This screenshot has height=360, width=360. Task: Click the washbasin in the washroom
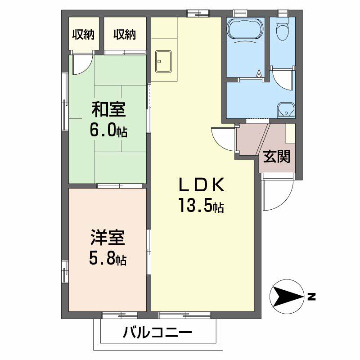[x=285, y=109]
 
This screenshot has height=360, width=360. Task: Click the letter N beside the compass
[x=311, y=297]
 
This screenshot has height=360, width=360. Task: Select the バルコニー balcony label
[x=157, y=333]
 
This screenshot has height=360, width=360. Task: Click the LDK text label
[x=201, y=185]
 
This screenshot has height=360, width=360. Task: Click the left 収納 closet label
[x=83, y=35]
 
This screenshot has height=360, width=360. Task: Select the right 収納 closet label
[x=125, y=35]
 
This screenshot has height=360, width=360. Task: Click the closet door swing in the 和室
[x=82, y=64]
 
